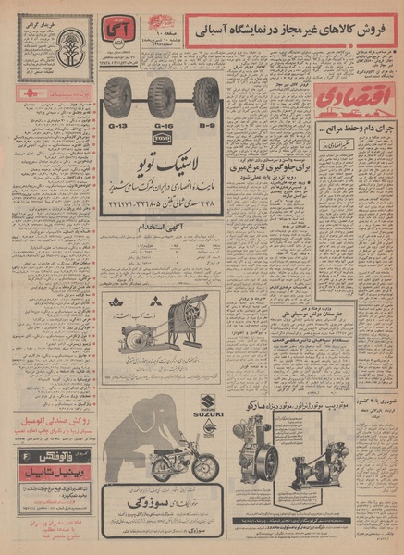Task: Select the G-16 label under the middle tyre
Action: [164, 123]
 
